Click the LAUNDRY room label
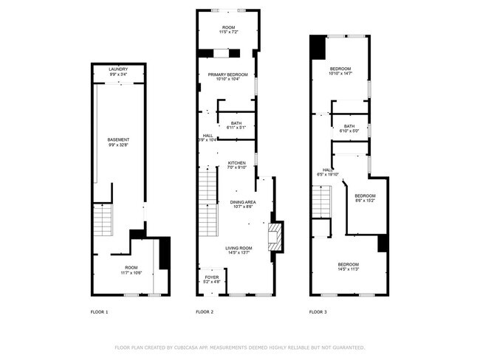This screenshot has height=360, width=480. (118, 69)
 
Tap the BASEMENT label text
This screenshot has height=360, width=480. (118, 139)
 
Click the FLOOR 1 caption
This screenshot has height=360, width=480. (99, 312)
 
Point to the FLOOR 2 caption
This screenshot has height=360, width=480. (205, 312)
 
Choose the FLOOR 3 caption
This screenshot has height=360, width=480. (318, 312)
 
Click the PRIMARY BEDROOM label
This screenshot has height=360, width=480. (227, 75)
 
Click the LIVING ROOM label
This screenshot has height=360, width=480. (239, 248)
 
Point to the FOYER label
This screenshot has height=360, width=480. (212, 277)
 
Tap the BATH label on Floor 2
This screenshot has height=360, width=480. (236, 123)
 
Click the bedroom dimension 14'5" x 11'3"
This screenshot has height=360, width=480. (348, 269)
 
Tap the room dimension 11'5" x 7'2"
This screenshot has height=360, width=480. (227, 32)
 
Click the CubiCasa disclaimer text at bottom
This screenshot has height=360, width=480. (239, 347)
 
